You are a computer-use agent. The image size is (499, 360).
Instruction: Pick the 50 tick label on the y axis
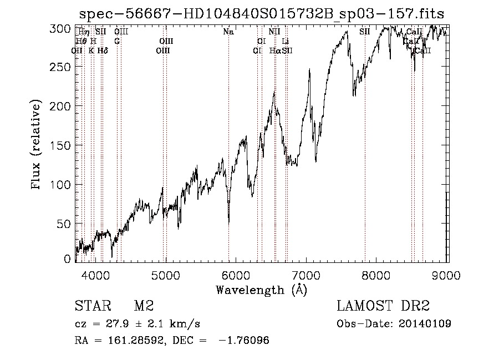click(x=67, y=224)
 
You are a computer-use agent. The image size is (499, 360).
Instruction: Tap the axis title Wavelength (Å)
click(x=261, y=290)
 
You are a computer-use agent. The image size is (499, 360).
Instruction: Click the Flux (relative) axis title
click(x=37, y=145)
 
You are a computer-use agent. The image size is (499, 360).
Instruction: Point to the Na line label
click(x=228, y=32)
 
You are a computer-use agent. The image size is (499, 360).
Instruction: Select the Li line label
click(x=286, y=42)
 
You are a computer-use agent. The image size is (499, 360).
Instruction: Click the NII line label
click(x=274, y=32)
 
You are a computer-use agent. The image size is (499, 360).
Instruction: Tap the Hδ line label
click(x=103, y=50)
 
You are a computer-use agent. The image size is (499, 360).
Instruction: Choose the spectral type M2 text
click(x=143, y=306)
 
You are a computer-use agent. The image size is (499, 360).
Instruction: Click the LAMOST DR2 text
click(x=383, y=306)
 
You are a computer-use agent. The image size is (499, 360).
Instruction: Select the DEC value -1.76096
click(x=245, y=341)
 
